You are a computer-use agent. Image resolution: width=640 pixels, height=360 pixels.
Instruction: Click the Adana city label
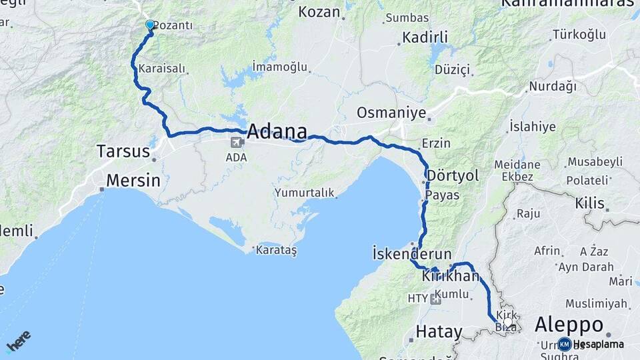tap(277, 131)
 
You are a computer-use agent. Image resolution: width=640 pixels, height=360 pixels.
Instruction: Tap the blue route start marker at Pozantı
tap(150, 25)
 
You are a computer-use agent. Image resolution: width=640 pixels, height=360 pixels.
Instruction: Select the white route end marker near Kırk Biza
tap(508, 323)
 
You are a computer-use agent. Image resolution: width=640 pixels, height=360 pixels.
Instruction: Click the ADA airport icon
tap(237, 143)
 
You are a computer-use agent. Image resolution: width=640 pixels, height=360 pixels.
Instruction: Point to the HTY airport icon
tap(435, 299)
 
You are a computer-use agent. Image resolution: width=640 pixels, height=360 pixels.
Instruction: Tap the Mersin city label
tap(133, 180)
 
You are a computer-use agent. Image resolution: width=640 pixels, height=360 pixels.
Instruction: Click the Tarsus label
tap(123, 151)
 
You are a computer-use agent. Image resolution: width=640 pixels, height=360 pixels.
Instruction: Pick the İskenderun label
tap(412, 254)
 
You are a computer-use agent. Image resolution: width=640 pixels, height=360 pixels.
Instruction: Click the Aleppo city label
tap(569, 325)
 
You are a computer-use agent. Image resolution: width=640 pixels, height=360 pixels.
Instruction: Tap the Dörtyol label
tap(453, 175)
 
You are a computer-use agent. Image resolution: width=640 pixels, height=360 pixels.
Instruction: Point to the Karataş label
tap(275, 250)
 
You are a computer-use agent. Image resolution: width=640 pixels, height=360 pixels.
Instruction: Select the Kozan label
tap(319, 11)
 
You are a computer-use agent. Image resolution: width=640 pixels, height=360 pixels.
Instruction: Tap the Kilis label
tap(590, 203)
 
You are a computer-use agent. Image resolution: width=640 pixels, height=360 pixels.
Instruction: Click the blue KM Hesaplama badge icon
tap(565, 344)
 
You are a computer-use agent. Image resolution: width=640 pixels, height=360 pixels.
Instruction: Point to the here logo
tap(19, 341)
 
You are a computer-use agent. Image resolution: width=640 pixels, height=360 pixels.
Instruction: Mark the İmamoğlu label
tap(280, 67)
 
